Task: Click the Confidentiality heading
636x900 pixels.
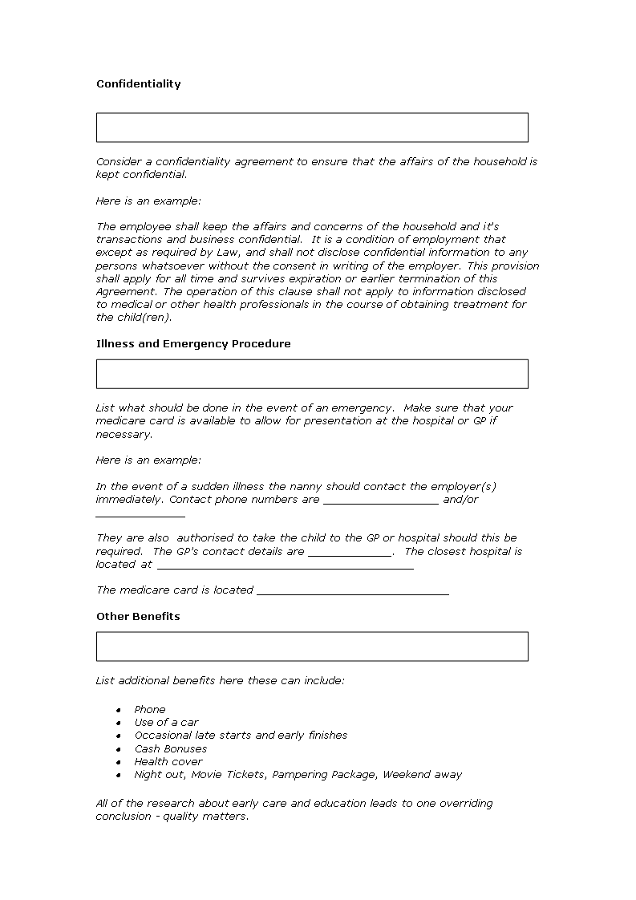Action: pyautogui.click(x=139, y=83)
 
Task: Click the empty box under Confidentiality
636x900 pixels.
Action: pyautogui.click(x=312, y=128)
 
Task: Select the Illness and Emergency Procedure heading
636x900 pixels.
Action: pyautogui.click(x=193, y=343)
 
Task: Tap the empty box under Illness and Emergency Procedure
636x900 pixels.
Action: pyautogui.click(x=312, y=374)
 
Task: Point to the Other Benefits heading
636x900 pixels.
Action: pyautogui.click(x=138, y=616)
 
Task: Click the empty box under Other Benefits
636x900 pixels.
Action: pyautogui.click(x=312, y=647)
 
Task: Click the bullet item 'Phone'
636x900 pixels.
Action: pyautogui.click(x=150, y=709)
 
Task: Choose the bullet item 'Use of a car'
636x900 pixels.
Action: pyautogui.click(x=166, y=722)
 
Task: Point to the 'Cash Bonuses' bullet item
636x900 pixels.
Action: pyautogui.click(x=171, y=748)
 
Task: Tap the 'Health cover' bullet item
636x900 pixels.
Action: pyautogui.click(x=168, y=761)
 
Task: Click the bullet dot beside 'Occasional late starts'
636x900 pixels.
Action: pyautogui.click(x=118, y=736)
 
